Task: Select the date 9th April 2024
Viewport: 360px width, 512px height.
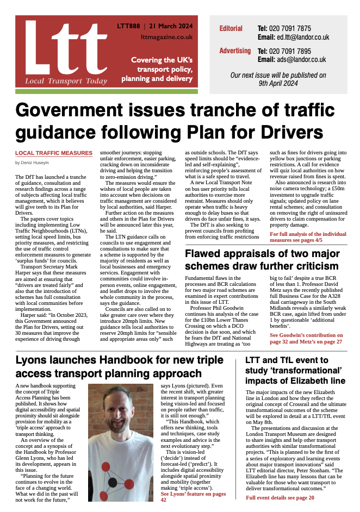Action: click(x=278, y=84)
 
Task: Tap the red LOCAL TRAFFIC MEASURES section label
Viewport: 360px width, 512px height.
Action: click(x=53, y=153)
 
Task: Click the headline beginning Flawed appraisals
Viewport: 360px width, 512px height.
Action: click(x=262, y=260)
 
